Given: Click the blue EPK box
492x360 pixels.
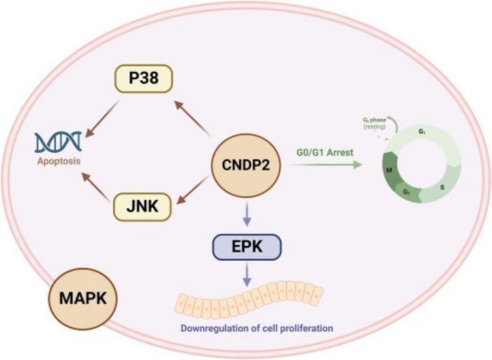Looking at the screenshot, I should click(x=246, y=247).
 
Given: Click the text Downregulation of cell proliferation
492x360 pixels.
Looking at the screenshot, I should click(x=246, y=328).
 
